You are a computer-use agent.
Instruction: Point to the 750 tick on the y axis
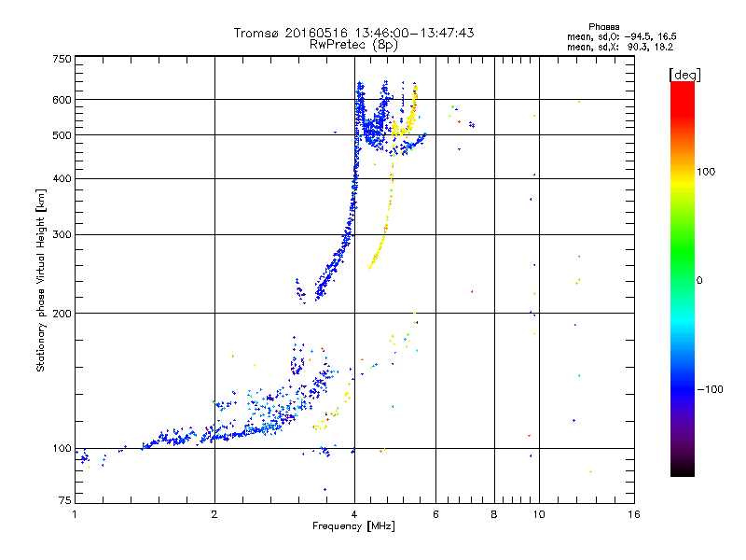[x=62, y=58]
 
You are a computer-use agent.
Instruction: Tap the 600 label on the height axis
[x=62, y=99]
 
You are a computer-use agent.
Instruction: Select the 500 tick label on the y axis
[x=62, y=134]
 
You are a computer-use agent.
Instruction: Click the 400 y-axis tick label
[x=62, y=178]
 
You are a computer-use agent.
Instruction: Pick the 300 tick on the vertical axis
[x=62, y=234]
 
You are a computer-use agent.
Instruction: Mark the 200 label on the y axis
[x=62, y=313]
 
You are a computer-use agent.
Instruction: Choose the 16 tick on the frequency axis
[x=633, y=514]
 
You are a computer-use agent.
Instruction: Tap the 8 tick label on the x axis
[x=493, y=514]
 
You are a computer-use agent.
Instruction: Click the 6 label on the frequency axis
[x=435, y=514]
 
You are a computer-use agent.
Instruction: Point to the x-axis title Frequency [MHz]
[x=353, y=526]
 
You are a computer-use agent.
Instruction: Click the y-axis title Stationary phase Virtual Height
[x=41, y=280]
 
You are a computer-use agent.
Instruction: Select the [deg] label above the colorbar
[x=684, y=74]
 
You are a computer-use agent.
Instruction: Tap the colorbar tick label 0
[x=699, y=280]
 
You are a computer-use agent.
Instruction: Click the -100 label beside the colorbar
[x=709, y=389]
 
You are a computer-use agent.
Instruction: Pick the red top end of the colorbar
[x=682, y=85]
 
